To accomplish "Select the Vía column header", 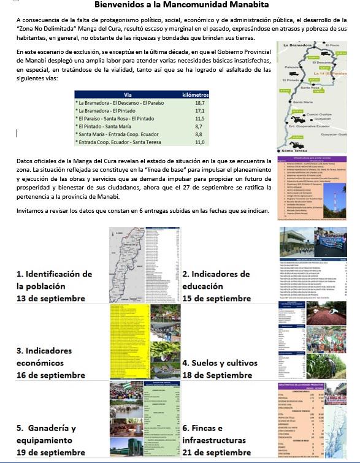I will coord(128,95).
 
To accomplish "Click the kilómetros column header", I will coord(196,95).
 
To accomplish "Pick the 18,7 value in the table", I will coord(199,103).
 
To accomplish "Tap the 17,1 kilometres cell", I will coord(199,111).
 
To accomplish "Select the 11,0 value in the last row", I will coord(199,142).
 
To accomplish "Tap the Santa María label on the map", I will coord(303,101).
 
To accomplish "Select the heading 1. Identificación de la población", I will coord(54,280).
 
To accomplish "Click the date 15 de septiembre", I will coord(216,299).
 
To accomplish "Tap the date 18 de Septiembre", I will coord(217,375).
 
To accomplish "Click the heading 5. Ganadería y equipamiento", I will coord(47,434).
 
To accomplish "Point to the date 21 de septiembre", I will coord(216,453).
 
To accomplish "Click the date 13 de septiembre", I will coord(51,299).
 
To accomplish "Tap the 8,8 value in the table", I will coord(199,134).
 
